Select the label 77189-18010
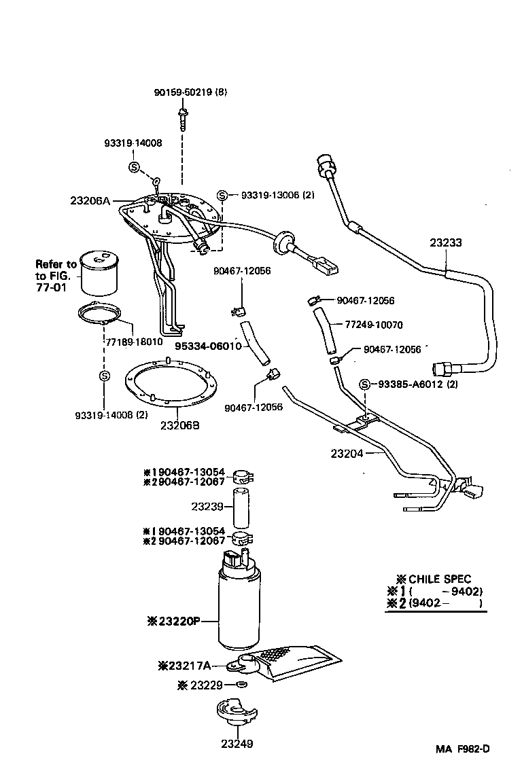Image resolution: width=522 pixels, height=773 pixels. (134, 342)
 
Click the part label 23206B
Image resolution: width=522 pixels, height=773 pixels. (179, 426)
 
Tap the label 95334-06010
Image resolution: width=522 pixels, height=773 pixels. (208, 346)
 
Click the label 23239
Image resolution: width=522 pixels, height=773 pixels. (207, 506)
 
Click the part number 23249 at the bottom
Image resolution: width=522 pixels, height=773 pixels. (237, 743)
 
